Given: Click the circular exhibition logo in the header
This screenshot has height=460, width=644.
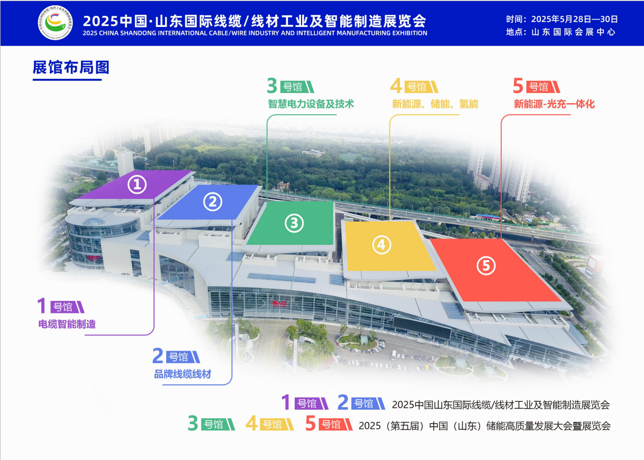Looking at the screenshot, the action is pyautogui.click(x=55, y=23).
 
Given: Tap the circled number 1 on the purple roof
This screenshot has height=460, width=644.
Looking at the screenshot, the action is pyautogui.click(x=137, y=185).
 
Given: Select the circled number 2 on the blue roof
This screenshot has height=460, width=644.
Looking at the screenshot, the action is pyautogui.click(x=213, y=201).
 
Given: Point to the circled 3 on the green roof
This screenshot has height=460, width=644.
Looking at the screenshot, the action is pyautogui.click(x=294, y=223).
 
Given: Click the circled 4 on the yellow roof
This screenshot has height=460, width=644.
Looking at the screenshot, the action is pyautogui.click(x=382, y=245).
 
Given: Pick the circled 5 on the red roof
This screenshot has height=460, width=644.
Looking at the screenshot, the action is pyautogui.click(x=486, y=265).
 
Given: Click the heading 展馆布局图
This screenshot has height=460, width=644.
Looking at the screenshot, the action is pyautogui.click(x=71, y=68).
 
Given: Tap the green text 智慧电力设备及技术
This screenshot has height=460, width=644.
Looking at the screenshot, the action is pyautogui.click(x=311, y=104).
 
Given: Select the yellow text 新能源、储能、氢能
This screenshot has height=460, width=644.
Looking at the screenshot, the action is pyautogui.click(x=435, y=104).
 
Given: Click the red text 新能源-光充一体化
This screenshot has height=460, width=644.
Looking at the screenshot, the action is pyautogui.click(x=554, y=104).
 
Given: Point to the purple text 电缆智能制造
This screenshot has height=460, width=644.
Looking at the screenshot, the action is pyautogui.click(x=67, y=324).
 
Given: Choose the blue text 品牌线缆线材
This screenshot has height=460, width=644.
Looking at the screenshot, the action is pyautogui.click(x=183, y=374).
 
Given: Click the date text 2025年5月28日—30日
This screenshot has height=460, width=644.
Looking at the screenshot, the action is pyautogui.click(x=575, y=19).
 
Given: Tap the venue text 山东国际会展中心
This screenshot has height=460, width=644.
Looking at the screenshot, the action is pyautogui.click(x=574, y=32).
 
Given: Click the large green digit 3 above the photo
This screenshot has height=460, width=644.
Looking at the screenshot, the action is pyautogui.click(x=271, y=86).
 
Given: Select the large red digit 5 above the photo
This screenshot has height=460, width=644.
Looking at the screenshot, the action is pyautogui.click(x=518, y=86).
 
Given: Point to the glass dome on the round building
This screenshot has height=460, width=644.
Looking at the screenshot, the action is pyautogui.click(x=94, y=222).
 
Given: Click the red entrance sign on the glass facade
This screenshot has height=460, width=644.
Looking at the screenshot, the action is pyautogui.click(x=279, y=303).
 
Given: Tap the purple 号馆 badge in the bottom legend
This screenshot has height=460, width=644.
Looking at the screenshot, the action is pyautogui.click(x=311, y=403).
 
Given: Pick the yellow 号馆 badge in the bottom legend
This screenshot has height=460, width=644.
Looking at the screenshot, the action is pyautogui.click(x=277, y=425).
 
